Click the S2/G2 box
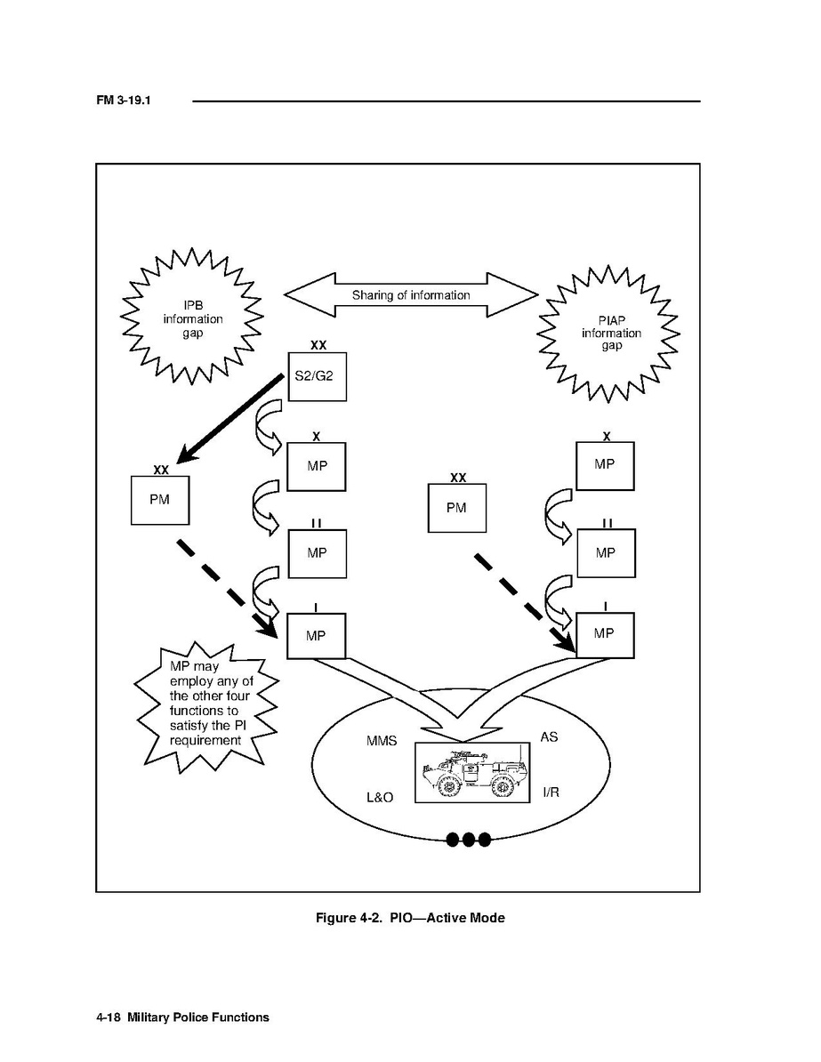[x=316, y=376]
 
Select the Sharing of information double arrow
[x=410, y=295]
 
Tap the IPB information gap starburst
[x=192, y=318]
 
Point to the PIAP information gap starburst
[x=610, y=333]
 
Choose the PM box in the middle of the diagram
[x=456, y=508]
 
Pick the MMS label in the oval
[x=382, y=741]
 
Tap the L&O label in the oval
[x=380, y=797]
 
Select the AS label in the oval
[x=549, y=737]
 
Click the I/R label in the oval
[x=551, y=792]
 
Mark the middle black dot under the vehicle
[x=468, y=839]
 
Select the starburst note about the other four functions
[x=205, y=703]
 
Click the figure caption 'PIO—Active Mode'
[x=410, y=917]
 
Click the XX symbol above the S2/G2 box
[x=318, y=343]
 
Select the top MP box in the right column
[x=605, y=465]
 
